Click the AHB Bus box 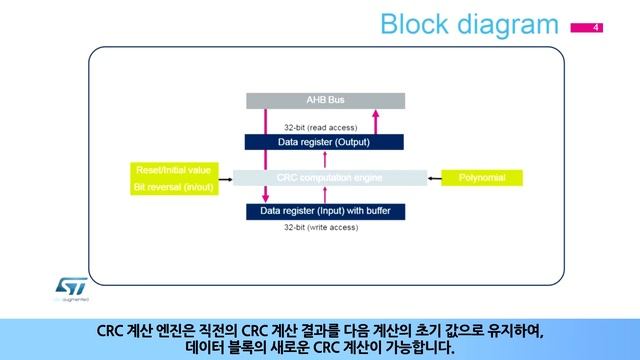[x=325, y=100]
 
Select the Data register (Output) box [x=325, y=143]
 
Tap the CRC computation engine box [x=325, y=178]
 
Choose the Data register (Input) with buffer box [x=325, y=212]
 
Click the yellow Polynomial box [x=482, y=178]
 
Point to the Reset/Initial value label [x=166, y=170]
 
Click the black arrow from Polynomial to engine [x=433, y=178]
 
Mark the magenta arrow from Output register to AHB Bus [x=376, y=121]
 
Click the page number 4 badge [x=597, y=26]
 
